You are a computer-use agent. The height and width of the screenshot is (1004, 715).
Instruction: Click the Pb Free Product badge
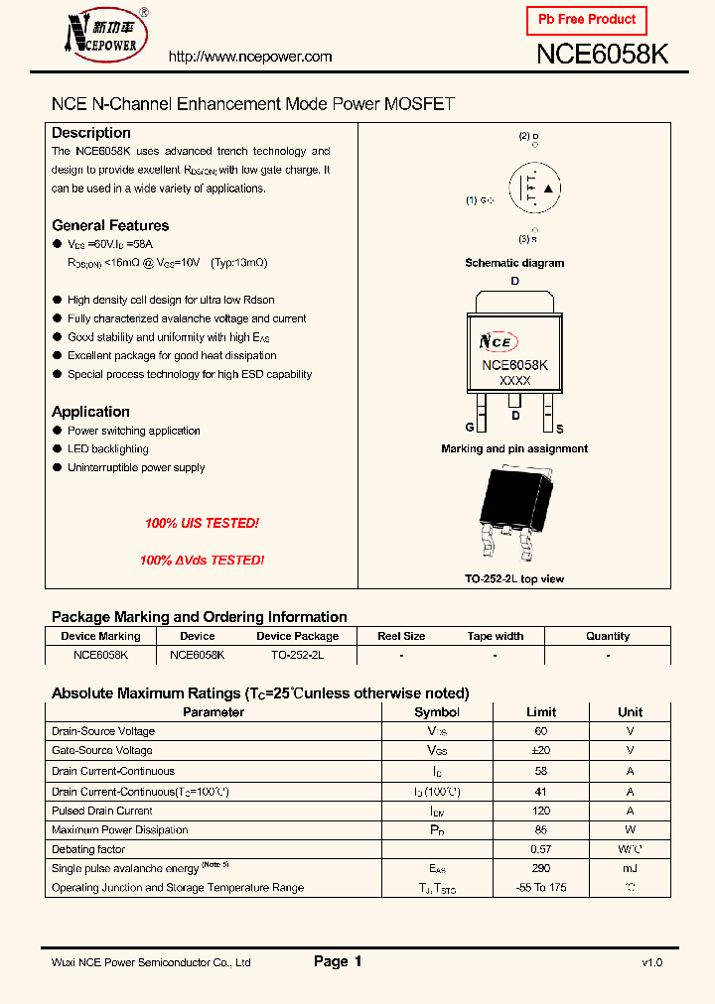coord(586,20)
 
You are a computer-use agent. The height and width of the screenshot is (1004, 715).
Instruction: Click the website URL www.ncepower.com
coord(250,58)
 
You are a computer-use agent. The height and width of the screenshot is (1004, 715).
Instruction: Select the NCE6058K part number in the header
coord(602,55)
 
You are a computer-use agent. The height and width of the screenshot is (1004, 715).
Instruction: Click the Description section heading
coord(91,133)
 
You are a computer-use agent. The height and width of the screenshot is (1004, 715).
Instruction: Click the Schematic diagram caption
coord(514,263)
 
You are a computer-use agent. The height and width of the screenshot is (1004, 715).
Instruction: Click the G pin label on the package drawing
coord(470,429)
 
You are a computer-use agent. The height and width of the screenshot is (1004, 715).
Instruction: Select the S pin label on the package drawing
coord(559,429)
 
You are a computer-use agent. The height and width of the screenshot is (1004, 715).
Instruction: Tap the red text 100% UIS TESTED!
coord(202,523)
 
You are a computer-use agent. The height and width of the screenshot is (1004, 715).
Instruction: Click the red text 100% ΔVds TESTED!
coord(202,561)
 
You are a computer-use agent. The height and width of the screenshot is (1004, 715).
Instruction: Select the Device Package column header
coord(297,636)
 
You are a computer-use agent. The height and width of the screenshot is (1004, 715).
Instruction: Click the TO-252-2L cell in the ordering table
coord(297,655)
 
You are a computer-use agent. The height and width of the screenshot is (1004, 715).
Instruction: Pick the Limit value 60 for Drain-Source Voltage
coord(541,731)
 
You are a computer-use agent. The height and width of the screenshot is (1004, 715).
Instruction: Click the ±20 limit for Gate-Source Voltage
coord(541,751)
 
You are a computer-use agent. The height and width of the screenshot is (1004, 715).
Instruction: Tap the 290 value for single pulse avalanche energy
coord(541,868)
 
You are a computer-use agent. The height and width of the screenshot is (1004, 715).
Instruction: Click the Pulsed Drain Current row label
coord(102,811)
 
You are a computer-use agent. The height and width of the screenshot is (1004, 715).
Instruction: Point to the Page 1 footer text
coord(338,961)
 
